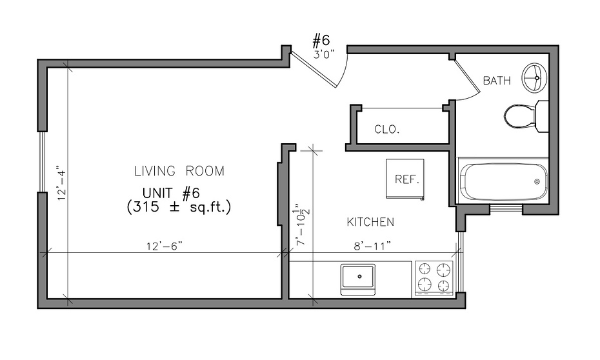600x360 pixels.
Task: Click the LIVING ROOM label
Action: [x=179, y=170]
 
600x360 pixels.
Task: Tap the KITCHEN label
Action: [x=370, y=222]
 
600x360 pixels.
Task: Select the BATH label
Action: [x=497, y=81]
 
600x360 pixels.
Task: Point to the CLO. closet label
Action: [x=387, y=129]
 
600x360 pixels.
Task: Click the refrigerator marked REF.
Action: [x=405, y=179]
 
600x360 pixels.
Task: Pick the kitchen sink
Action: [x=358, y=279]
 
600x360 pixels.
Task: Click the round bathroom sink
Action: [x=535, y=77]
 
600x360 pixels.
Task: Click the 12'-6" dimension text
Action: [x=164, y=246]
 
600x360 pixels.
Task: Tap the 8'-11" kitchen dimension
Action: [x=372, y=246]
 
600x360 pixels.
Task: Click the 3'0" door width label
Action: [x=324, y=54]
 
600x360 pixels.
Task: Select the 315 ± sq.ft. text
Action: [x=179, y=207]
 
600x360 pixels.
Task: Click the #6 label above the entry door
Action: [x=321, y=39]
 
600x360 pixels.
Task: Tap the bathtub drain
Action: [x=537, y=181]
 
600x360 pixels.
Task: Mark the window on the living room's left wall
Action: [x=42, y=162]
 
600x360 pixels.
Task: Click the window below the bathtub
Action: [x=506, y=209]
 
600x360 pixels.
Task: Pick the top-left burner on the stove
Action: [x=425, y=269]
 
